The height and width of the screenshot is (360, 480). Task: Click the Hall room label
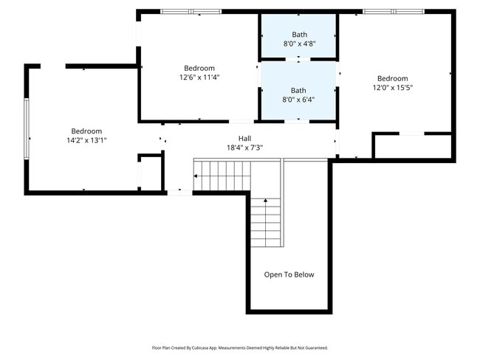(x=244, y=139)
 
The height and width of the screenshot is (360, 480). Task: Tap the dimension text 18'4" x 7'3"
(x=244, y=148)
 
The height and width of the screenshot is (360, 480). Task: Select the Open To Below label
(x=289, y=274)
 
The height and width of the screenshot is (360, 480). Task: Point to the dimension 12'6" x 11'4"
(x=199, y=77)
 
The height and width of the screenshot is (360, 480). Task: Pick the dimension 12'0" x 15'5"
(x=392, y=88)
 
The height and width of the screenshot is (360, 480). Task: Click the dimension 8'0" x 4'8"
(x=298, y=44)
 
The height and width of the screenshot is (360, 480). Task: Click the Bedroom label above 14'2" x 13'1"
(x=86, y=131)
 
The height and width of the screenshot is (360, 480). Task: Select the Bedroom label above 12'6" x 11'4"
(x=199, y=68)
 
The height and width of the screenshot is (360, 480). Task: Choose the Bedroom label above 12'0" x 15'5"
(x=392, y=79)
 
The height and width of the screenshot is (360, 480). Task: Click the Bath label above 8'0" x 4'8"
(x=298, y=35)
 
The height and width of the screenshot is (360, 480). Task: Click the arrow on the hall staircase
(x=196, y=176)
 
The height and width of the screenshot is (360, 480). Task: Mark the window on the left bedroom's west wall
(x=27, y=128)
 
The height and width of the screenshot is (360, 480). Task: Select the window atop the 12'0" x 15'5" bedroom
(x=393, y=11)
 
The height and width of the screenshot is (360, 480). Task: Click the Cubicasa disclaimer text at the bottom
(x=239, y=347)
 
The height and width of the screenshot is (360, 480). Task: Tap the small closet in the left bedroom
(x=150, y=173)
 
